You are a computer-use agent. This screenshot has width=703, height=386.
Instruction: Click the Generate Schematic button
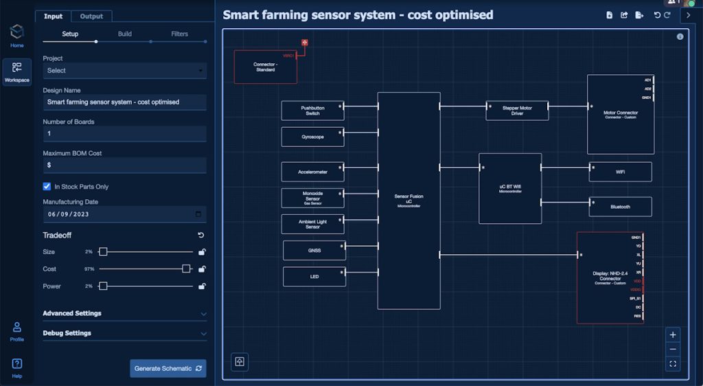(168, 369)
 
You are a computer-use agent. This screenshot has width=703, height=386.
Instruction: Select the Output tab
(91, 16)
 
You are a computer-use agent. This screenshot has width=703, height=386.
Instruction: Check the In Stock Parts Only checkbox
(47, 186)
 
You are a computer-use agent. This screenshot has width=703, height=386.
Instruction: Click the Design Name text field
(124, 102)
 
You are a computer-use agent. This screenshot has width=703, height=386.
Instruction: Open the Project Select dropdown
(124, 70)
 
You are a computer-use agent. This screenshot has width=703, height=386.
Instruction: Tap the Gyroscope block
(312, 137)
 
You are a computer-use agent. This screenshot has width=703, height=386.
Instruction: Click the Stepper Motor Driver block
(517, 111)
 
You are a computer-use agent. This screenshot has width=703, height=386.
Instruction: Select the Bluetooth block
(620, 206)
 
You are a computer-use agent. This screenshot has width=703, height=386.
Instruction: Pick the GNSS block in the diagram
(314, 251)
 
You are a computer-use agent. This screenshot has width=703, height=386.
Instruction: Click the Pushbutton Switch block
(312, 111)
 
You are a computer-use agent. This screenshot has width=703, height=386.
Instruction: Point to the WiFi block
(620, 172)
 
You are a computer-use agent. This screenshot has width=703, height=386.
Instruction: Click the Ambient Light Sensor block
(312, 224)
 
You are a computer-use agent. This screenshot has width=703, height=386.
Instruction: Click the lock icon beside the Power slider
(202, 286)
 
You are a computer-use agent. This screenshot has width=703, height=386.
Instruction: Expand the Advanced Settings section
(124, 313)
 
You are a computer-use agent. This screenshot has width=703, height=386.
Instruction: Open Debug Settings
(124, 333)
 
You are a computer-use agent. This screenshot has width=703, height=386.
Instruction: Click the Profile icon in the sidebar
(17, 330)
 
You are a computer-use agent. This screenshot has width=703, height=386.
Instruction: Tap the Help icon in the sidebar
(17, 367)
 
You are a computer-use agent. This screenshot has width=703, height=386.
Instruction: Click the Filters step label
(179, 34)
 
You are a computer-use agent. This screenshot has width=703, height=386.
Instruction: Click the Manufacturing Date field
(124, 214)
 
